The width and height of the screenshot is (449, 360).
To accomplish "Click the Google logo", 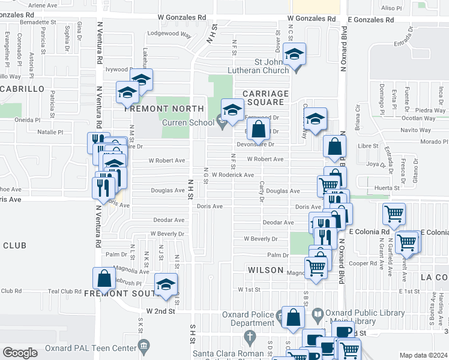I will click(x=20, y=352).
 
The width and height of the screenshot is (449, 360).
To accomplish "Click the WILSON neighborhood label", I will click(x=265, y=270).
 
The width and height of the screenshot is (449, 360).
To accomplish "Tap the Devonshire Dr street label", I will click(x=255, y=144).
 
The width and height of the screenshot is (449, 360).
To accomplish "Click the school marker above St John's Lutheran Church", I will click(x=294, y=53).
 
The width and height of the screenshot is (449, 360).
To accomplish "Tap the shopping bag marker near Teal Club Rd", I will click(x=104, y=278).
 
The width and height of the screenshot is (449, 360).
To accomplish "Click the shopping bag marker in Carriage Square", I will click(x=258, y=128).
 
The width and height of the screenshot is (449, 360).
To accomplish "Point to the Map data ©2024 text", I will click(x=423, y=355).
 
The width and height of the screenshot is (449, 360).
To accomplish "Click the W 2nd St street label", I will click(x=161, y=311).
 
